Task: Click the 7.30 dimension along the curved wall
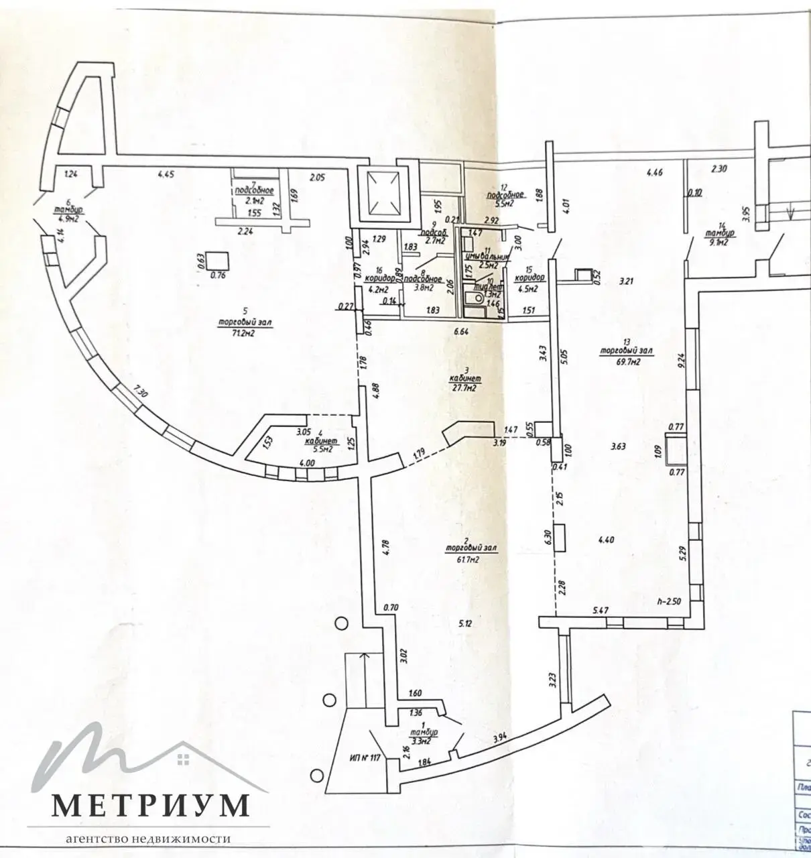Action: (x=140, y=391)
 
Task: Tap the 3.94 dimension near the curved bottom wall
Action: (x=499, y=739)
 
